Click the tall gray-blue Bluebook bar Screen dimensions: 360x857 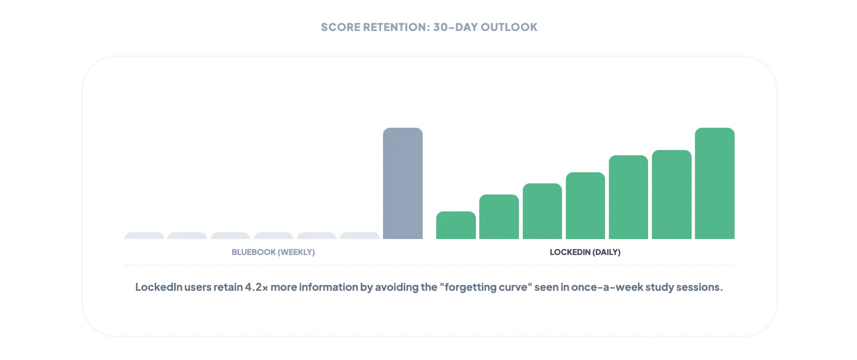(402, 184)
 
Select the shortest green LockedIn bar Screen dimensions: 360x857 (456, 225)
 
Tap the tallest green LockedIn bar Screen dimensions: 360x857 (714, 184)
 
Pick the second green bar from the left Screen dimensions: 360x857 (499, 217)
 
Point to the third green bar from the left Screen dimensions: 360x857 (542, 211)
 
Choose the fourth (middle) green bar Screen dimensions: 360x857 (585, 206)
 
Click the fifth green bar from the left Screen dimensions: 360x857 (628, 197)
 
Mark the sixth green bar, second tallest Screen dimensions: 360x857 (671, 195)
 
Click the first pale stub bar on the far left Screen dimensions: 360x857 (144, 236)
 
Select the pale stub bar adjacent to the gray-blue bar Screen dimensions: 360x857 (359, 236)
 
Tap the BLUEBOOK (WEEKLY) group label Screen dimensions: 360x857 (273, 252)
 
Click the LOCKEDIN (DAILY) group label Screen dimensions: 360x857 (585, 252)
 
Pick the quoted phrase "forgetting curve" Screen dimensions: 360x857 (486, 287)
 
